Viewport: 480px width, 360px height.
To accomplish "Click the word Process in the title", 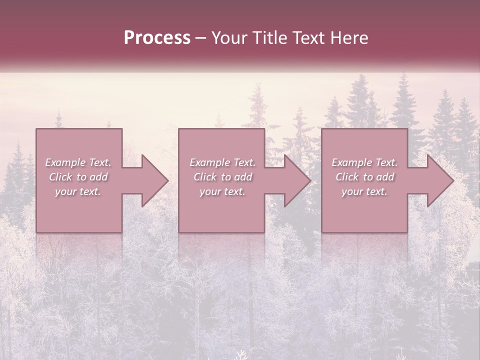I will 157,38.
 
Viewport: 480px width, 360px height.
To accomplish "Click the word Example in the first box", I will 65,162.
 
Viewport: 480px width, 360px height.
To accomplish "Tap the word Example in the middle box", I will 209,162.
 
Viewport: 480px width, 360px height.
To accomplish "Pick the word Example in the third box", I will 351,162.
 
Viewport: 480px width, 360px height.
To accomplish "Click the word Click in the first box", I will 60,177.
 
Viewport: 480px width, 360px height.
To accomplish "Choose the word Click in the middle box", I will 204,177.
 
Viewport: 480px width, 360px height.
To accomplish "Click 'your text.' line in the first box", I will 78,191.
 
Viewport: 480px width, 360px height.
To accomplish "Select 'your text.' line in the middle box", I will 222,191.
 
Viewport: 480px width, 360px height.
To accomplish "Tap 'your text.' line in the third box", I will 364,191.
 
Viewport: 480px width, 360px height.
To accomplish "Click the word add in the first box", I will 99,177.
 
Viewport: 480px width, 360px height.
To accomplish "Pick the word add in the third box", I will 385,177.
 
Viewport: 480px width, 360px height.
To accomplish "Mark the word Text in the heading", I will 309,38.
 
